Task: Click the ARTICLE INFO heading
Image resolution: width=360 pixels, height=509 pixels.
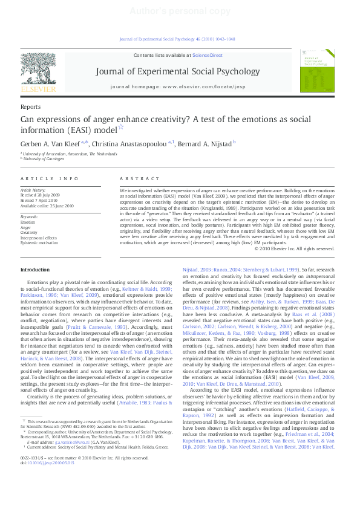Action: [x=50, y=179]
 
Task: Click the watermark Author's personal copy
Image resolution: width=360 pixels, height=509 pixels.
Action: [x=179, y=11]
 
